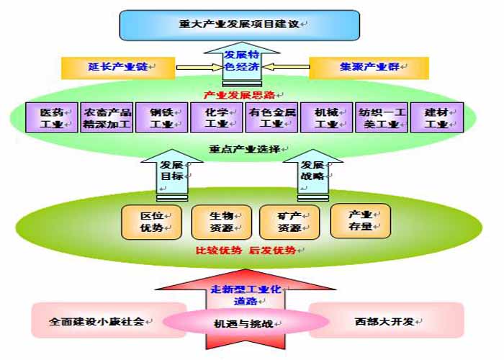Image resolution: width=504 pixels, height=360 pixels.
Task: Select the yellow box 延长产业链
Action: coord(118,68)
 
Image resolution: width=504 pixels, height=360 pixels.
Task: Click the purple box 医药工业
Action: coord(50,118)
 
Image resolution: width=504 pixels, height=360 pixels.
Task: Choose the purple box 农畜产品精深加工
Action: coord(107,118)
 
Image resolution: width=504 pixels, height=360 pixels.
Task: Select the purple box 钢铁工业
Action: coord(161,118)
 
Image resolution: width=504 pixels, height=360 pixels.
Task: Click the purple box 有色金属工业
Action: coord(271,118)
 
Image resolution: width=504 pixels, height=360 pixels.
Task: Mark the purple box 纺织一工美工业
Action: coord(381,118)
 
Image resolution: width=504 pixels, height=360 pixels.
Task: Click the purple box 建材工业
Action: coord(436,118)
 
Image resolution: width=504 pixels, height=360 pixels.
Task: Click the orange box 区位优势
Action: coord(151,222)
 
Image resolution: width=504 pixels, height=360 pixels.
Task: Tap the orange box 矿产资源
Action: coord(289,222)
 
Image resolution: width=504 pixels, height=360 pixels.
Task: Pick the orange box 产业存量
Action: coord(360,221)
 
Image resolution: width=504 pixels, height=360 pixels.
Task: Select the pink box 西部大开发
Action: coord(386,320)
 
